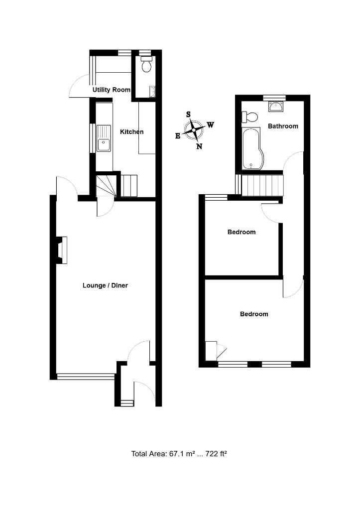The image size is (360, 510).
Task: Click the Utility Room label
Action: [x=112, y=90]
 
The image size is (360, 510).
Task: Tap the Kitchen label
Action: [x=132, y=132]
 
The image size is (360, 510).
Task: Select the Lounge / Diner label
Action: [x=105, y=286]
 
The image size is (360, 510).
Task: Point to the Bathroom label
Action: [x=283, y=126]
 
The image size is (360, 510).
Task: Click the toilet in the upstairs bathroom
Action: [x=250, y=117]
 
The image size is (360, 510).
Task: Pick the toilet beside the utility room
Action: [x=146, y=66]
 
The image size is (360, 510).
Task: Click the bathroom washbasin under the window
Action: [x=275, y=106]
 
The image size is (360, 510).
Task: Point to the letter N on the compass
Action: [x=199, y=146]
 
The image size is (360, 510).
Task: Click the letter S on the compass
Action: [x=188, y=114]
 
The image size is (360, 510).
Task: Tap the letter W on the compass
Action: [x=211, y=125]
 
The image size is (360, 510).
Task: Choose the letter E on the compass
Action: [x=178, y=136]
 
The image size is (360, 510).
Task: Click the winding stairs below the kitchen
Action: [x=106, y=185]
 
